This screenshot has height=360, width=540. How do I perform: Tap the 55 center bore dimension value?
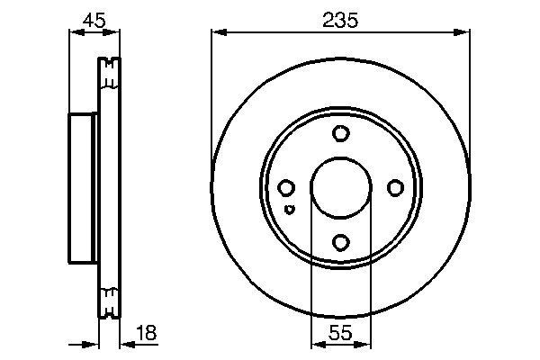tap(340, 332)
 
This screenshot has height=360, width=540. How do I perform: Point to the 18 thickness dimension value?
tap(146, 332)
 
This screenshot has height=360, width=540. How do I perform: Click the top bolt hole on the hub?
tap(340, 134)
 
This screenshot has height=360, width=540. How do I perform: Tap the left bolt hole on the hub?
tap(286, 188)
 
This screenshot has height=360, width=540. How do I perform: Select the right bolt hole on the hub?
tap(394, 188)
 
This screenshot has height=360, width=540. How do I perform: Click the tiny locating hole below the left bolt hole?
tap(288, 210)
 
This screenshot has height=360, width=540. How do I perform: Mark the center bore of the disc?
tap(340, 188)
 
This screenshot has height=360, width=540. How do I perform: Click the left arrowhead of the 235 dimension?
tap(217, 34)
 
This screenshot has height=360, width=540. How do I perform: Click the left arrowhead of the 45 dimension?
tap(75, 34)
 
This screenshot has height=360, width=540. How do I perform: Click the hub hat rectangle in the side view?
tap(83, 187)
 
